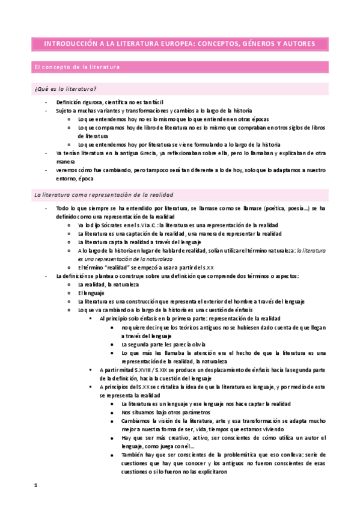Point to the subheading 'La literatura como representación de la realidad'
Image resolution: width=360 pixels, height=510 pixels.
(103, 195)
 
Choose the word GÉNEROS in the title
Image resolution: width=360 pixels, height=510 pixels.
(245, 44)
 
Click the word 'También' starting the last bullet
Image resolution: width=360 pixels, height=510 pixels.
(133, 455)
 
